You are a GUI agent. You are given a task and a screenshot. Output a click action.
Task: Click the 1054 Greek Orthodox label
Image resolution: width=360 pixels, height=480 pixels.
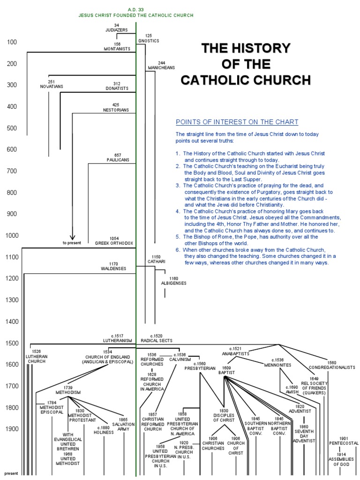(x=114, y=241)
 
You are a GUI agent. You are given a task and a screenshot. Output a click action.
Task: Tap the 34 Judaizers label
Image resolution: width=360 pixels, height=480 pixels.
(x=117, y=27)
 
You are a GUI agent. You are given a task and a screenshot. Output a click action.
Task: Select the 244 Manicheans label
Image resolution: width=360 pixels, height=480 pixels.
(x=161, y=65)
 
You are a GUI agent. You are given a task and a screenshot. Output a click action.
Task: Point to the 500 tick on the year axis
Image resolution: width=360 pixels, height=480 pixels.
(x=12, y=128)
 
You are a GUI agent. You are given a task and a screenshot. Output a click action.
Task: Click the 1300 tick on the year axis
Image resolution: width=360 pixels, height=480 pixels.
(x=12, y=300)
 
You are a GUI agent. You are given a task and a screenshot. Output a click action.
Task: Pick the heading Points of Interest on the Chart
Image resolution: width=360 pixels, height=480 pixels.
(x=237, y=122)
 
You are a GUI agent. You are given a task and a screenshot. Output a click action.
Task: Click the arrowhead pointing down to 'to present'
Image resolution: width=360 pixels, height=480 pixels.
(x=72, y=237)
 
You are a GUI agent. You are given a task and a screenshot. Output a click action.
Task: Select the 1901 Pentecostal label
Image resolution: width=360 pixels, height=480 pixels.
(x=343, y=441)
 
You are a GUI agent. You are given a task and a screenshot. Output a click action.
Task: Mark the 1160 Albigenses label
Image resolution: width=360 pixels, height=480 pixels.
(x=173, y=281)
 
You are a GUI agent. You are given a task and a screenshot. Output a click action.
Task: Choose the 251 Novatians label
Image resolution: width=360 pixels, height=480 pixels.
(x=52, y=84)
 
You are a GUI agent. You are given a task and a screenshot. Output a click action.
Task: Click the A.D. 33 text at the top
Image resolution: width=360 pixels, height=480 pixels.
(x=136, y=9)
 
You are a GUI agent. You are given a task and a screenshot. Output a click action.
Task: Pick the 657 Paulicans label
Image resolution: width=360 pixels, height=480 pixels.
(x=117, y=157)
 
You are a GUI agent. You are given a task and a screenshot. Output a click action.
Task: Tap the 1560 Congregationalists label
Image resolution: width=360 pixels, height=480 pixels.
(x=331, y=365)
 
